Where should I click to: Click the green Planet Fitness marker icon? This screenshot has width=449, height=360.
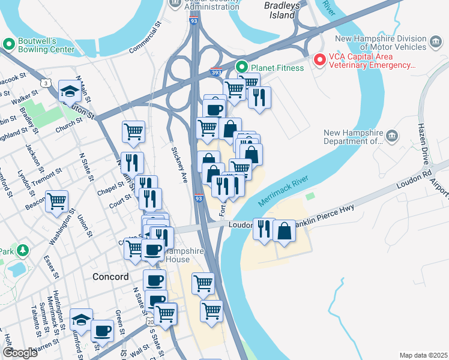(242, 67)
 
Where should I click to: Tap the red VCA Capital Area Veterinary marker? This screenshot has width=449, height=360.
(319, 61)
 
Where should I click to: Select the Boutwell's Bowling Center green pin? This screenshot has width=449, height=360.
(9, 44)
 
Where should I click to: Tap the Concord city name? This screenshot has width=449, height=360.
(110, 277)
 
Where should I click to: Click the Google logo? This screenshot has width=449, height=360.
(20, 353)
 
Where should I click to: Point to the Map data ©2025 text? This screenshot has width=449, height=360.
(423, 355)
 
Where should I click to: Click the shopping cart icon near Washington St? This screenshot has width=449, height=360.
(57, 201)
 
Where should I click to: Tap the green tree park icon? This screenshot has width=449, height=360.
(22, 250)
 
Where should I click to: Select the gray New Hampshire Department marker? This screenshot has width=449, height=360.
(393, 135)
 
